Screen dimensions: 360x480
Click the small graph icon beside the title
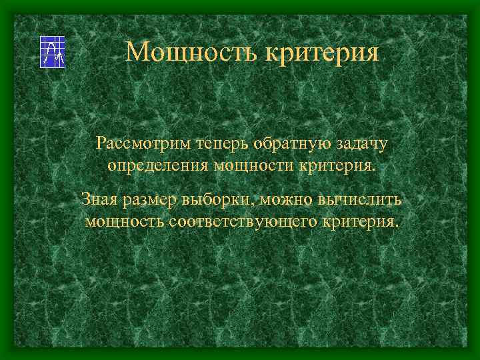pos(53,51)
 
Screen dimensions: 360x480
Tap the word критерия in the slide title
pos(323,52)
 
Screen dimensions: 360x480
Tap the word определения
pos(157,165)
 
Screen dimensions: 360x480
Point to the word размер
pos(149,199)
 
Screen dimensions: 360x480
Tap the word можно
pos(284,199)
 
